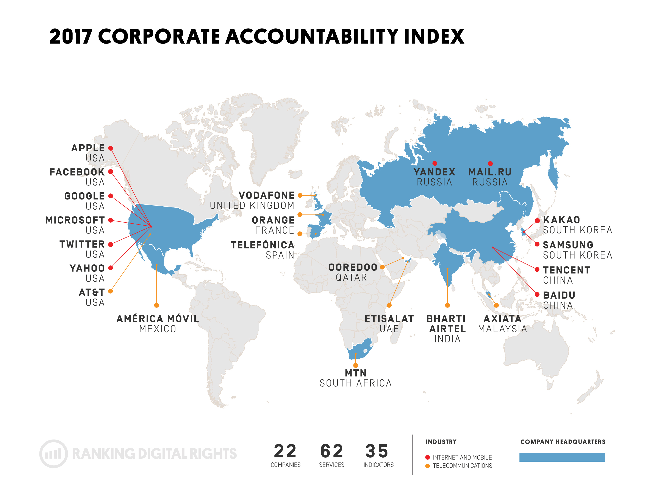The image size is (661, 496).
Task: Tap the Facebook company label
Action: point(77,172)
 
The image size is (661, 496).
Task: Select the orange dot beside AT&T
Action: point(111,291)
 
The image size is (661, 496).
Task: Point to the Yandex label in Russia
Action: point(434,172)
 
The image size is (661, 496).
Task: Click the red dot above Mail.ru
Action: point(490,163)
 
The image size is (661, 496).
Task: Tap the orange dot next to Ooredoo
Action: point(382,267)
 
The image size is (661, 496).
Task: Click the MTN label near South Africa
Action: point(356,373)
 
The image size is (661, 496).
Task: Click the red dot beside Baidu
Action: point(537,295)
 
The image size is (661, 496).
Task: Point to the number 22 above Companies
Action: point(285,451)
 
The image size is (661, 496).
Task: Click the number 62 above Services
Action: point(332,451)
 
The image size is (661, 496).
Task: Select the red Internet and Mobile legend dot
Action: point(428,457)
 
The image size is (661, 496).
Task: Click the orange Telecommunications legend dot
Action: point(428,466)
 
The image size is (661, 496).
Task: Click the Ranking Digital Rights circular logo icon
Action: point(53,454)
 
